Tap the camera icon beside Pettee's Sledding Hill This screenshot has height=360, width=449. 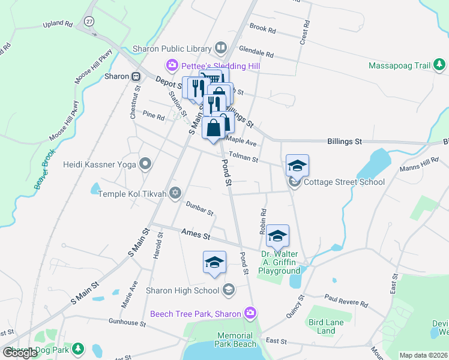point(172,64)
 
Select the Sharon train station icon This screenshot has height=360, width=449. point(136,76)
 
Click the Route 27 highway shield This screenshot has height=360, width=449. point(89,21)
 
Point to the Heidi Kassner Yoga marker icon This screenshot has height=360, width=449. point(145,163)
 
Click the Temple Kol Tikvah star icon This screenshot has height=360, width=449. point(175,193)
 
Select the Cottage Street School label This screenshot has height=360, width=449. point(344,182)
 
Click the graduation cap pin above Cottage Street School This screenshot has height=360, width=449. point(297,166)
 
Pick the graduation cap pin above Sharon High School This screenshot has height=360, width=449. point(215,262)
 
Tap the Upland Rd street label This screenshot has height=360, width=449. point(58,25)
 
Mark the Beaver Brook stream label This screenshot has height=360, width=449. point(45,169)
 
